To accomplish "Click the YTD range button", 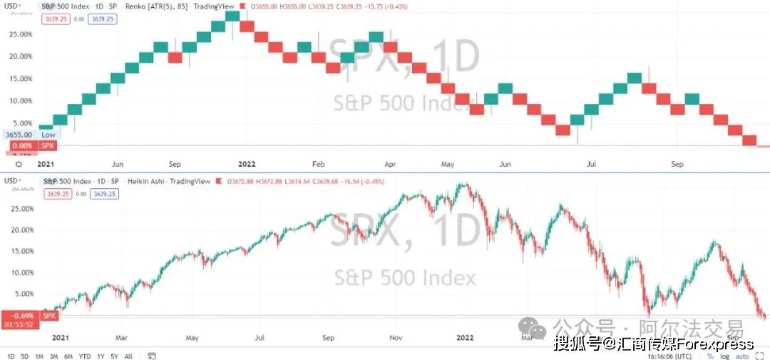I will pyautogui.click(x=84, y=356).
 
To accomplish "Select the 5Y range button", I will pyautogui.click(x=114, y=356).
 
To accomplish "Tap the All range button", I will pyautogui.click(x=128, y=356).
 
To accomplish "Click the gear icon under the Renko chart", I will pyautogui.click(x=8, y=164).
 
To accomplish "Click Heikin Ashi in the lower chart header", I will pyautogui.click(x=146, y=181).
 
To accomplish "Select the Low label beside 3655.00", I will pyautogui.click(x=48, y=135).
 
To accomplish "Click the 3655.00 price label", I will pyautogui.click(x=18, y=135).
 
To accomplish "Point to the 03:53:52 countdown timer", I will pyautogui.click(x=19, y=325).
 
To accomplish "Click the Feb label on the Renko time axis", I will pyautogui.click(x=318, y=164).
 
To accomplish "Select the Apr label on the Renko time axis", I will pyautogui.click(x=390, y=164).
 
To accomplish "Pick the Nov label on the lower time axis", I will pyautogui.click(x=396, y=336).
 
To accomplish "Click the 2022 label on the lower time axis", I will pyautogui.click(x=465, y=336).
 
